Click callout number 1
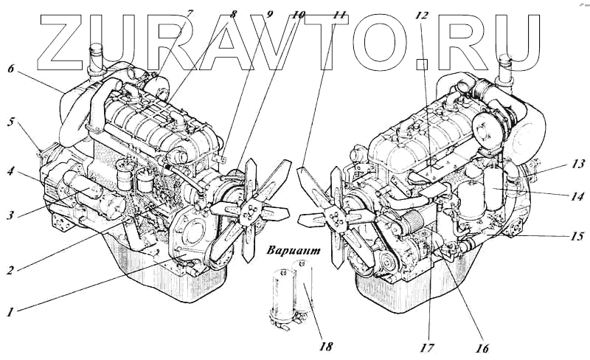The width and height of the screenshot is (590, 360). pos(10,312)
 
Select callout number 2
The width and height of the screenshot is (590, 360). pos(10,270)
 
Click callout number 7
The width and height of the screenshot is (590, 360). pos(190,13)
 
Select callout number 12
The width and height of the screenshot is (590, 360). pos(422,14)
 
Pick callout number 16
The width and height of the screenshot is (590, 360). pos(482,347)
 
